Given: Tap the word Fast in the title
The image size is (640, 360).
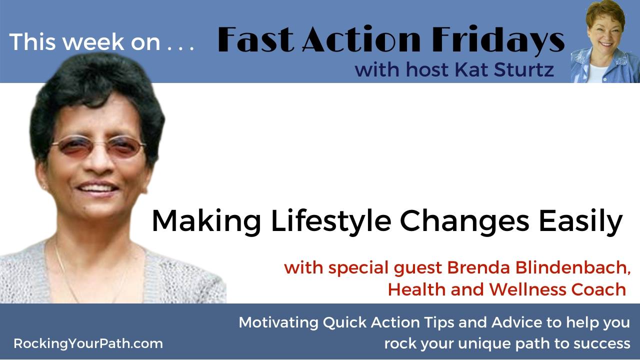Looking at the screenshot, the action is click(255, 39).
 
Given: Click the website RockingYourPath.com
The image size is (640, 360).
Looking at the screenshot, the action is click(88, 343).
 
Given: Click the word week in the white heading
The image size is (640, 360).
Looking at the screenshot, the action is click(94, 42).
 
